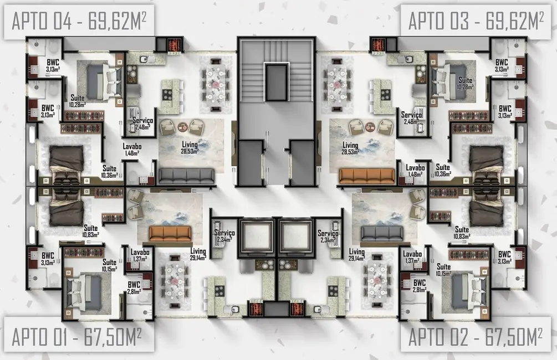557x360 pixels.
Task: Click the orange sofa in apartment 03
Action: click(x=366, y=176)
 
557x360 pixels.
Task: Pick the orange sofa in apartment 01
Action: click(x=170, y=233)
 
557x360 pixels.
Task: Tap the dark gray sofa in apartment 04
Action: click(x=186, y=176)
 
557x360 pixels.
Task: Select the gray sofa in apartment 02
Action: click(x=382, y=233)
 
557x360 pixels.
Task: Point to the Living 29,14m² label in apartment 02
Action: click(x=356, y=255)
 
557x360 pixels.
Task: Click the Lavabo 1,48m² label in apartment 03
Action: click(x=415, y=171)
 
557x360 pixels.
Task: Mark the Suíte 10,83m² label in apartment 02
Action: click(x=461, y=233)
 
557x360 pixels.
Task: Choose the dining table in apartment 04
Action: click(x=216, y=84)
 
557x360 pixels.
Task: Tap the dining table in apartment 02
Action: click(x=379, y=280)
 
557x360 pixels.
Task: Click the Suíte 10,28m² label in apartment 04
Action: click(x=77, y=100)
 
